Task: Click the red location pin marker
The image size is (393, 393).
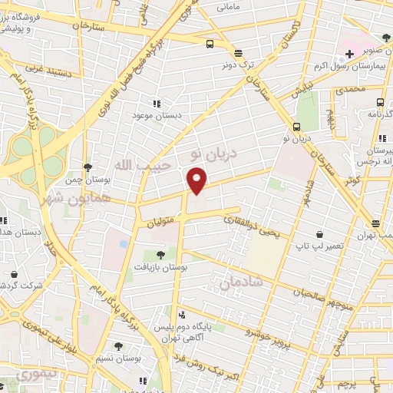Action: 197,180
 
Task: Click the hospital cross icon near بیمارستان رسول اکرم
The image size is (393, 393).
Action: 350,54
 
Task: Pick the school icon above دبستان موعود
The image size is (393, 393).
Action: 157,103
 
